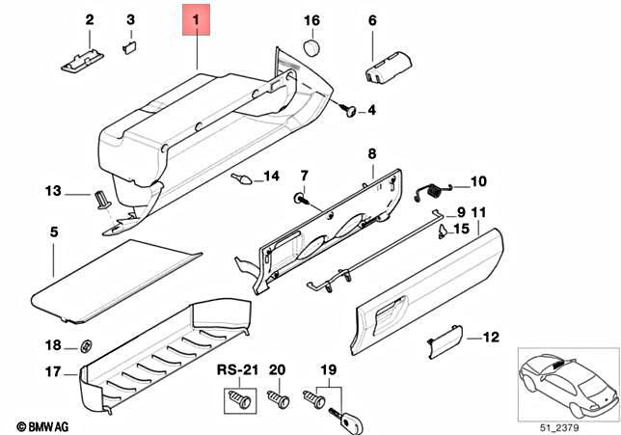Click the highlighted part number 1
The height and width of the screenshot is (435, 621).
[x=197, y=19]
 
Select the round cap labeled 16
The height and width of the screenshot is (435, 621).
[x=310, y=47]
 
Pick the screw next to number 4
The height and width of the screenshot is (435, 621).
[x=349, y=112]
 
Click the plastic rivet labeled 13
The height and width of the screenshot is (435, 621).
[x=99, y=199]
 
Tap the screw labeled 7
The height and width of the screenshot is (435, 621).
[x=301, y=199]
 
